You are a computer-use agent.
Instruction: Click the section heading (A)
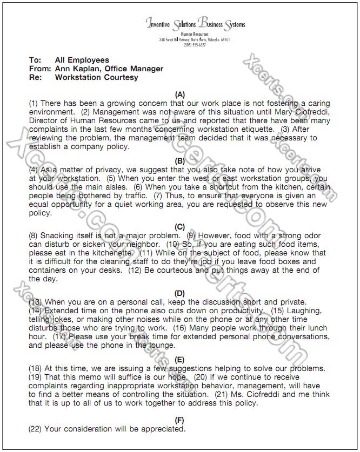click(x=180, y=95)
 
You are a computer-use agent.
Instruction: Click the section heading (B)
click(x=180, y=161)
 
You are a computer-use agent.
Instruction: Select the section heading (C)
click(x=180, y=227)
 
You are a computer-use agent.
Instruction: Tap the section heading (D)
click(x=180, y=293)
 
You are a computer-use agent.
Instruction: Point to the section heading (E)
click(x=180, y=359)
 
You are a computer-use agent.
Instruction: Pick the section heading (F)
click(x=180, y=420)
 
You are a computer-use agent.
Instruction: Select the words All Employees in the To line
click(x=82, y=60)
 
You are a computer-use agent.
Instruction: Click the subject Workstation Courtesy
click(x=96, y=77)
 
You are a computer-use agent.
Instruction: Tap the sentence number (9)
click(x=192, y=236)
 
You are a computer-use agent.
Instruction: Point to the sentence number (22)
click(x=35, y=429)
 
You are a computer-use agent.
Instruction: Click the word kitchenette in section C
click(x=115, y=253)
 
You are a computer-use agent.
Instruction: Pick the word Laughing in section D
click(x=305, y=311)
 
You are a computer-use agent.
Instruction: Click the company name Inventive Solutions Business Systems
click(x=196, y=24)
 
